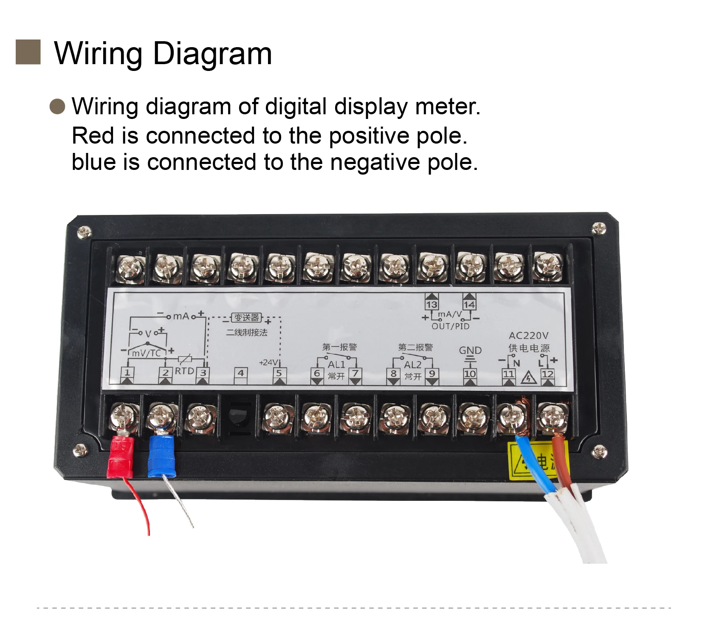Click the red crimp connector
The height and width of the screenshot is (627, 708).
(x=121, y=457)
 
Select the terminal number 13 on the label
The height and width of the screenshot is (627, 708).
(x=432, y=304)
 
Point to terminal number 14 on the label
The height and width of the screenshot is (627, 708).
(x=469, y=304)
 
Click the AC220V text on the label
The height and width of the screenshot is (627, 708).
(x=528, y=336)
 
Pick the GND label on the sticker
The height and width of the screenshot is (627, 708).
(x=470, y=350)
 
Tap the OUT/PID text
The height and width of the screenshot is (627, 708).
(x=450, y=326)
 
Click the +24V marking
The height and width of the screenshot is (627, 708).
(x=268, y=362)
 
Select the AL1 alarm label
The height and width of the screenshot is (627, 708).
(x=336, y=364)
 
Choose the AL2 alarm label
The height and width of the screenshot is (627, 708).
(x=412, y=365)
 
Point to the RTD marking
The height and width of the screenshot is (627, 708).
(x=184, y=371)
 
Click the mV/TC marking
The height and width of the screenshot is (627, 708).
(x=146, y=353)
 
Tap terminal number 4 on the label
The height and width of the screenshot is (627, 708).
(x=241, y=373)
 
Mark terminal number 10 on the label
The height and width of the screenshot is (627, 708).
(x=470, y=374)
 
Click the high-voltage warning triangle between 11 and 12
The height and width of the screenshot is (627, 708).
(x=528, y=377)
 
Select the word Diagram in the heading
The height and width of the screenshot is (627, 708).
(x=212, y=54)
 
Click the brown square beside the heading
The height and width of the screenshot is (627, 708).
(x=28, y=52)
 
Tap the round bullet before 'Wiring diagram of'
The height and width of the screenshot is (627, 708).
(x=57, y=106)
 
